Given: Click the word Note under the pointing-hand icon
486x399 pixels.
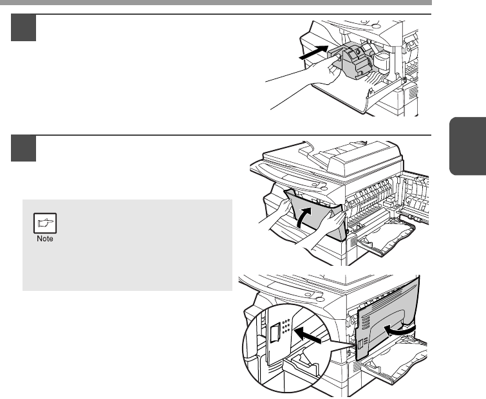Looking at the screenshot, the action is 45,239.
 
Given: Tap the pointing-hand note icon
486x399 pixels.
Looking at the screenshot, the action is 45,223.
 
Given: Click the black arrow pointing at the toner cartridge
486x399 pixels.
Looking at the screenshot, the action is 313,52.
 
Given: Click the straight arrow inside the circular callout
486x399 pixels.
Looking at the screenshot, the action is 308,335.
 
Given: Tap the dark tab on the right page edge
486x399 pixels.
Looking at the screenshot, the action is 467,146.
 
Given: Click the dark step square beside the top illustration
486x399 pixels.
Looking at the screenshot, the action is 24,28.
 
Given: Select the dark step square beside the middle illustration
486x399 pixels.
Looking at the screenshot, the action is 24,149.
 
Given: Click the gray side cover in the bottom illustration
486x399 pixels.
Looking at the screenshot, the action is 388,319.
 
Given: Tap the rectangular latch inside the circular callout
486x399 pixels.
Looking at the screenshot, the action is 275,332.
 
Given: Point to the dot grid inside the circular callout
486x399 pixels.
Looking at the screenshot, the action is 286,326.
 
